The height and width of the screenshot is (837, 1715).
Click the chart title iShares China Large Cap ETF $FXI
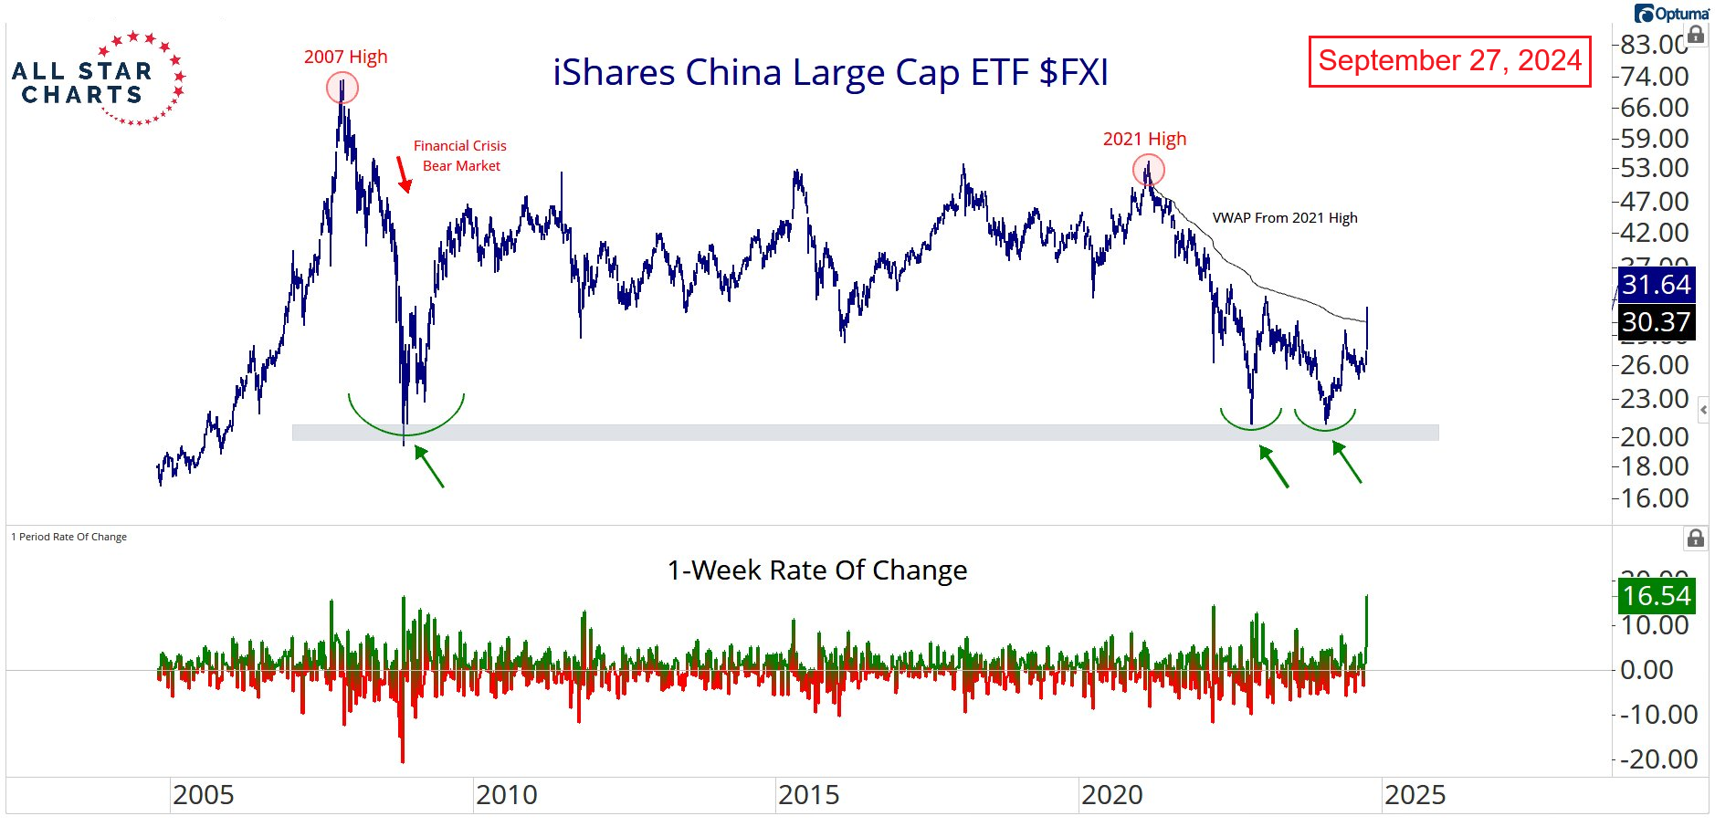(x=830, y=72)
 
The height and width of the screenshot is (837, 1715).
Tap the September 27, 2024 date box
(x=1449, y=61)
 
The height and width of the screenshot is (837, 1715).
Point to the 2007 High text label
(x=345, y=57)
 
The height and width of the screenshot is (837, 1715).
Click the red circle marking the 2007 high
(x=342, y=89)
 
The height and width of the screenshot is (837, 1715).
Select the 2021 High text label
(x=1144, y=139)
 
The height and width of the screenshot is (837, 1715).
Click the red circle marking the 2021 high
(x=1149, y=170)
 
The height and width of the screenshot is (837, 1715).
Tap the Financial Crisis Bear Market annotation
(x=460, y=155)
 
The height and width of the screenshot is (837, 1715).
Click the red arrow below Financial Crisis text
(x=403, y=174)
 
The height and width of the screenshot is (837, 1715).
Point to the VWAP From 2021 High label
(x=1284, y=217)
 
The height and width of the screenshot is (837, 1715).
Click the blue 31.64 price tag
(x=1656, y=285)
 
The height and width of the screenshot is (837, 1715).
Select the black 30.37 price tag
(x=1656, y=322)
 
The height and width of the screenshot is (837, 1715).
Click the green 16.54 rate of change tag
(x=1656, y=596)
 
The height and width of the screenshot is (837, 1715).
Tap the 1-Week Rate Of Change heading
(x=816, y=570)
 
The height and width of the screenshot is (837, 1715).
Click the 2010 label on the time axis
(x=506, y=795)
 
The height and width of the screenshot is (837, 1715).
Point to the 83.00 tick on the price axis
(x=1654, y=44)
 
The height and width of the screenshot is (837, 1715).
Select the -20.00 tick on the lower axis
(x=1658, y=759)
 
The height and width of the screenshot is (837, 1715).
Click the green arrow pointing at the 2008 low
(x=429, y=466)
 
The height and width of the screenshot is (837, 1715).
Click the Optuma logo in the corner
(x=1671, y=14)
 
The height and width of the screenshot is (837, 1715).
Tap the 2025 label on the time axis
(x=1415, y=795)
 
